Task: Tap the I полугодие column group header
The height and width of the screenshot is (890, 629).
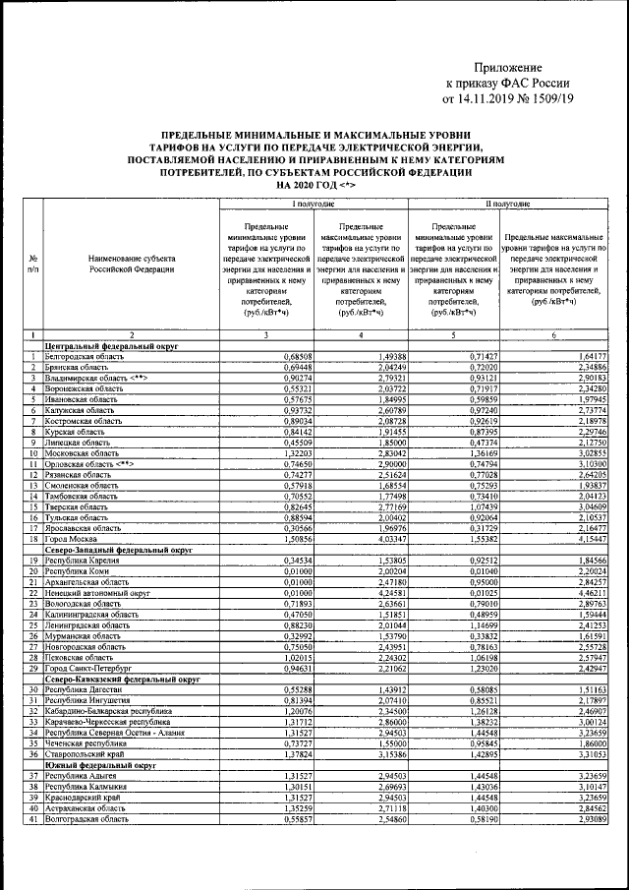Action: point(312,204)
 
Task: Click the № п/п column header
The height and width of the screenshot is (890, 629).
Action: point(33,263)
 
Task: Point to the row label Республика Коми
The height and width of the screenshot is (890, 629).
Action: point(80,570)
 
